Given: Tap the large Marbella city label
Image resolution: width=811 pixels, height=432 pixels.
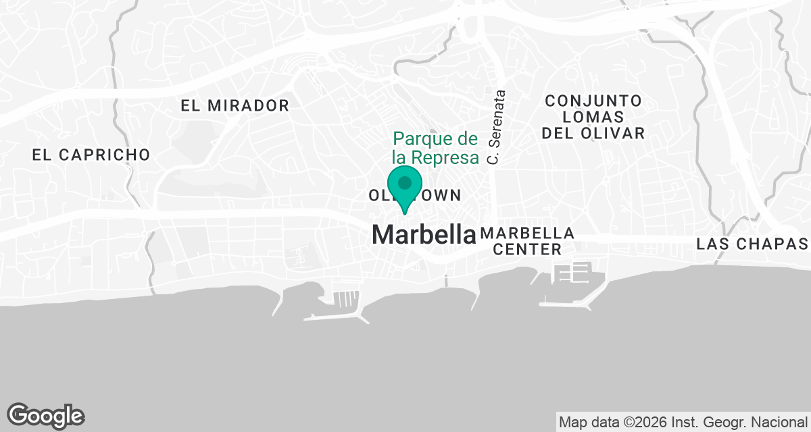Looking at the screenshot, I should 424,234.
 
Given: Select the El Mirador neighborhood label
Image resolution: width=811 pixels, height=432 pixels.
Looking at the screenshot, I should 235,105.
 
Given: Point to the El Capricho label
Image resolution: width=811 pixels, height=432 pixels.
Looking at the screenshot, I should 91,155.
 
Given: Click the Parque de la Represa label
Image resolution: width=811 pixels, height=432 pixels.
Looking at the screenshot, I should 435,148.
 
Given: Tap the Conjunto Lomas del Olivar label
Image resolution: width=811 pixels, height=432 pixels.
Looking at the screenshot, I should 593,117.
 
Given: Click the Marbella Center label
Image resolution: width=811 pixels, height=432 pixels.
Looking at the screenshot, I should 527,241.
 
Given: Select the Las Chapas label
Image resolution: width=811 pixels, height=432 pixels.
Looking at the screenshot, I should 753,243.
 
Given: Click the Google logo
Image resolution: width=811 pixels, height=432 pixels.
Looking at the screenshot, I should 46,415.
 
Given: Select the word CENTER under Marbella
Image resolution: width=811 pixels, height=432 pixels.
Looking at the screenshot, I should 527,249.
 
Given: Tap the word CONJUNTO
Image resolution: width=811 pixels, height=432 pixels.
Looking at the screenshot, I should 593,101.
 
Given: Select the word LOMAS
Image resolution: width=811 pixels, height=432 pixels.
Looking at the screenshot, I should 593,117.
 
